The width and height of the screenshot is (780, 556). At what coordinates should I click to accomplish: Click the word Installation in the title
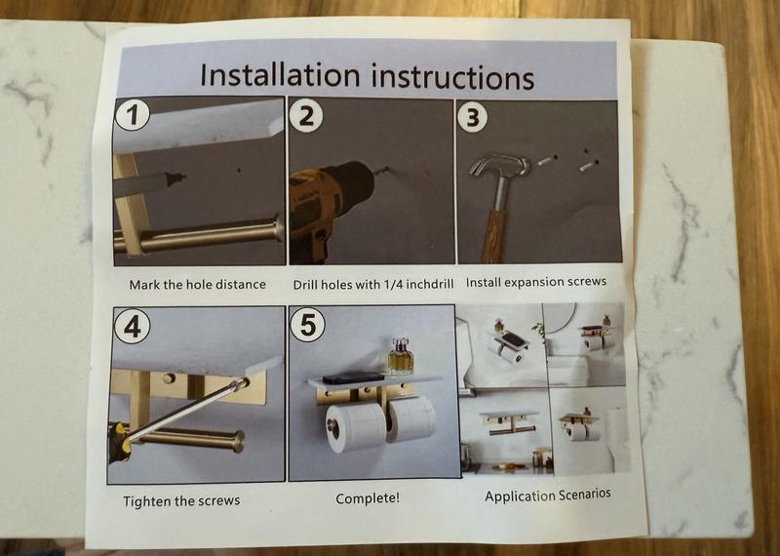click(279, 75)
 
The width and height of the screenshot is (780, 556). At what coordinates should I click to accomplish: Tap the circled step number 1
click(132, 115)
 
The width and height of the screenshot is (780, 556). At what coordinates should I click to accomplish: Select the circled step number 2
click(306, 116)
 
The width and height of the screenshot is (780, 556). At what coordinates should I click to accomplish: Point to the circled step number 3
click(473, 116)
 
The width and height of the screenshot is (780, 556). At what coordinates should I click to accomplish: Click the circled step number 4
click(133, 327)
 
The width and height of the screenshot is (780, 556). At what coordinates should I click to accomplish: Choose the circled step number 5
click(307, 326)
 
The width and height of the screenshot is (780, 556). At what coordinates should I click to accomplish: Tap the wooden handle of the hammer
click(494, 236)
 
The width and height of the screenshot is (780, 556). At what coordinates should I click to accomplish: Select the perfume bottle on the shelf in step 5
click(400, 356)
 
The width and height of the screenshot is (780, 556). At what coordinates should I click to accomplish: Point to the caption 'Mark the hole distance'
click(198, 285)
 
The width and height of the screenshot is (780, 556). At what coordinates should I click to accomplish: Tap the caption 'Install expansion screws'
click(536, 282)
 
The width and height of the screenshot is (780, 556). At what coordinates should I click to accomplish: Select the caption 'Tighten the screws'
click(181, 500)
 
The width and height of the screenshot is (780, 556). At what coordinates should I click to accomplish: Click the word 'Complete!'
click(368, 498)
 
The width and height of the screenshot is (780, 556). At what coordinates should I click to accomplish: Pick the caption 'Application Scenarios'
click(548, 496)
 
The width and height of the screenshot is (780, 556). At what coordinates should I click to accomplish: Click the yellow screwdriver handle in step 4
click(120, 442)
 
